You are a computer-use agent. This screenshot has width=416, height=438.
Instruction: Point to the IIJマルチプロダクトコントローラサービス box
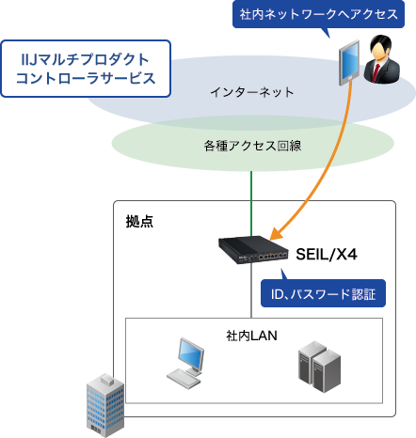(88, 68)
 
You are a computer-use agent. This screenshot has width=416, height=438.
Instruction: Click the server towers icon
(315, 367)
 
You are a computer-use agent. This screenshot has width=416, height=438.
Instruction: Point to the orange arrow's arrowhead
(275, 233)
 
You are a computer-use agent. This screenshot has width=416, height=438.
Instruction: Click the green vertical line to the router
(250, 203)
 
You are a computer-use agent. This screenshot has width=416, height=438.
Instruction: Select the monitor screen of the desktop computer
(189, 355)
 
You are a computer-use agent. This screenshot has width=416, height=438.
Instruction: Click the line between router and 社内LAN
(250, 296)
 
